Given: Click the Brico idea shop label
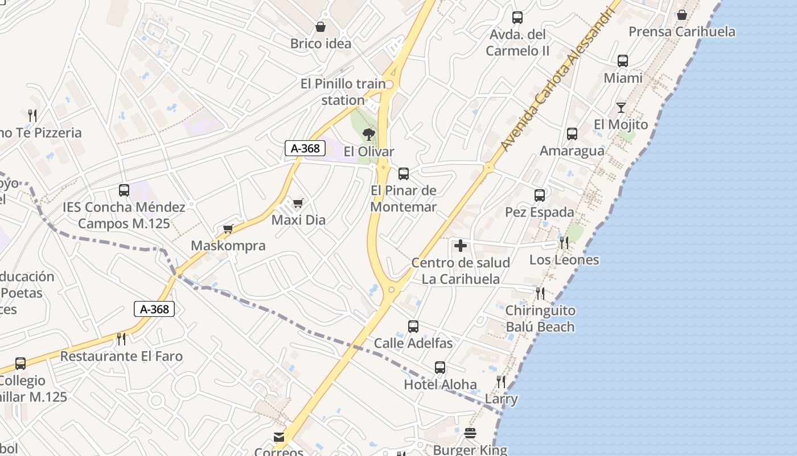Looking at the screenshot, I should click(x=321, y=43).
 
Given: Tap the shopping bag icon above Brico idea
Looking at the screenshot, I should click(x=321, y=27).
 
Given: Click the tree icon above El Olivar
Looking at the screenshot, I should click(x=369, y=135).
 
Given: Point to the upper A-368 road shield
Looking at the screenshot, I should click(x=305, y=148).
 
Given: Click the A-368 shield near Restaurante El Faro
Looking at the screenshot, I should click(x=154, y=309).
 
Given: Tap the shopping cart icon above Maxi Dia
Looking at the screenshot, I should click(x=298, y=203).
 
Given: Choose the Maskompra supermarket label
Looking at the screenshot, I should click(x=228, y=246).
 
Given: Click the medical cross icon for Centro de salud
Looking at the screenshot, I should click(x=461, y=246).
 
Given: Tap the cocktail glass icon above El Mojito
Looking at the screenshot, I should click(x=621, y=108).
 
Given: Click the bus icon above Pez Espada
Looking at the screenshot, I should click(x=540, y=196).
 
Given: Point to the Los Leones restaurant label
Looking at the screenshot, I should click(x=564, y=260).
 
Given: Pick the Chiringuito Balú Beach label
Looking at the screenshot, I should click(x=540, y=319).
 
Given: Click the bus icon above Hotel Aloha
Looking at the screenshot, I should click(x=440, y=368).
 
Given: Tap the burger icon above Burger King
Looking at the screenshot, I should click(x=470, y=433).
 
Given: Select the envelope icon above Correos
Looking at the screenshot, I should click(x=279, y=437).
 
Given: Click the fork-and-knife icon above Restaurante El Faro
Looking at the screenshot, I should click(x=121, y=339).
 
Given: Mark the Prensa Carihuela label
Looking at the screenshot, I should click(x=681, y=31).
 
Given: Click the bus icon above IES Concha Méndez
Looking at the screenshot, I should click(x=124, y=190).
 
